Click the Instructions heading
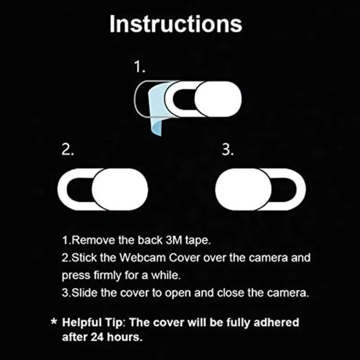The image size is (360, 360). [175, 24]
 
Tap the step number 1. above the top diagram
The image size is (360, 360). [139, 67]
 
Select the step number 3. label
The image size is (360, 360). [228, 151]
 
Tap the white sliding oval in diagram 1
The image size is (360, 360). [218, 97]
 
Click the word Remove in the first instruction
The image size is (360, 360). [88, 240]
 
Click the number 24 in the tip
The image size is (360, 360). [97, 338]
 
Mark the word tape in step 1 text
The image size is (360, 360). [196, 240]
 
